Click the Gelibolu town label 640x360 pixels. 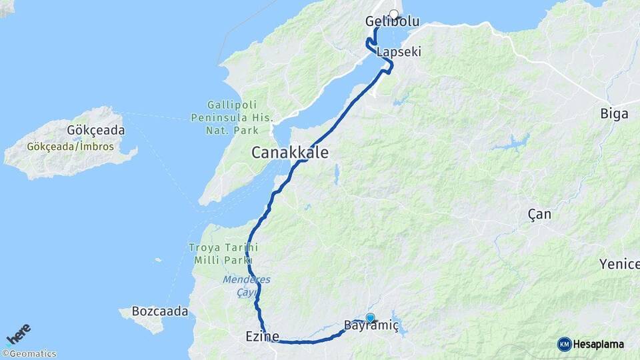(392, 22)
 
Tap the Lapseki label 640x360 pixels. (399, 51)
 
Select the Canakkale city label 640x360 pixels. (289, 153)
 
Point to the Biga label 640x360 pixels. (614, 114)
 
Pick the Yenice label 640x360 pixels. (619, 264)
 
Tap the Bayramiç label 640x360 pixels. (371, 326)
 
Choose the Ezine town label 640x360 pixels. (261, 337)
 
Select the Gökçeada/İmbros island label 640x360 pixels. (71, 146)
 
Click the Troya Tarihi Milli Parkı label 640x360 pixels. (219, 253)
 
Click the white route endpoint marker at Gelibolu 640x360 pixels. (393, 14)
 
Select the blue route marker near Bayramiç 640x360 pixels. (371, 318)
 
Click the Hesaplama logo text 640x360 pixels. (599, 344)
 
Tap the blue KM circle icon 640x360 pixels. (564, 344)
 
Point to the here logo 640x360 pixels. (18, 334)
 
